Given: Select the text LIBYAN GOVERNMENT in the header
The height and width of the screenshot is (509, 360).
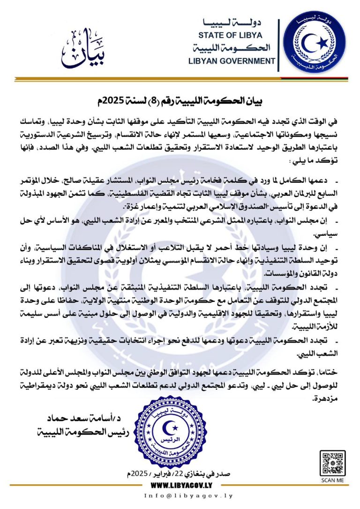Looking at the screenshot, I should pyautogui.click(x=232, y=61).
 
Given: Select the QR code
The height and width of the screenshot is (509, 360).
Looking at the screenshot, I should pyautogui.click(x=332, y=463).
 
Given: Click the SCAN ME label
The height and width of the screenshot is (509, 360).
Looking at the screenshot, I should pyautogui.click(x=332, y=481).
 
